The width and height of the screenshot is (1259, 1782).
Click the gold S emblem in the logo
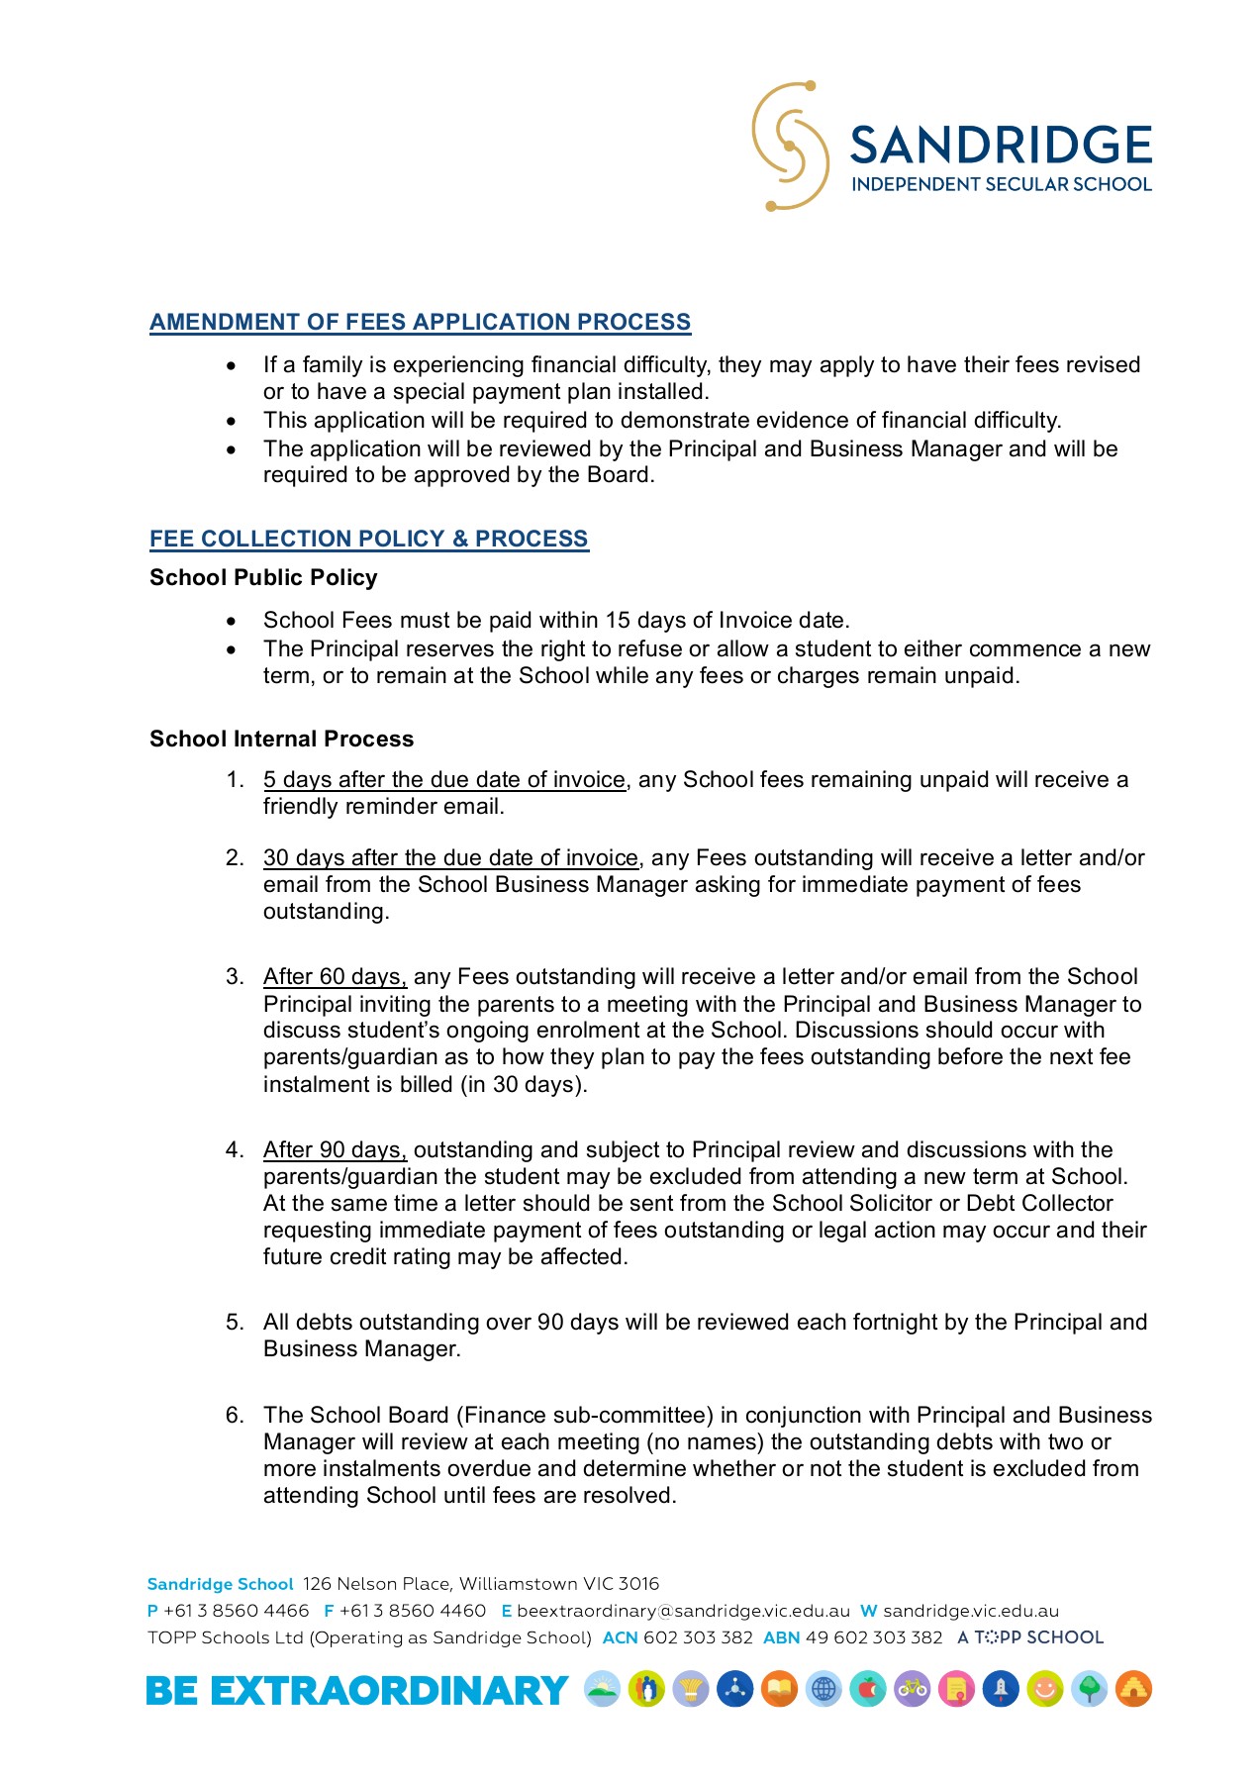[x=790, y=147]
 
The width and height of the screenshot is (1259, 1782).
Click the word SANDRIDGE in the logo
[x=1001, y=146]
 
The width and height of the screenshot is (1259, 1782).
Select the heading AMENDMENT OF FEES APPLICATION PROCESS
[x=420, y=322]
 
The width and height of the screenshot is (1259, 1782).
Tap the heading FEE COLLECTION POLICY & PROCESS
[x=368, y=539]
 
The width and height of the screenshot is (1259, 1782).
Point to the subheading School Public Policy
[x=263, y=577]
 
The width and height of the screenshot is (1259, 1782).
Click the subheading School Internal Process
[x=281, y=739]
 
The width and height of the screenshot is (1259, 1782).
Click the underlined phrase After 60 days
[x=335, y=977]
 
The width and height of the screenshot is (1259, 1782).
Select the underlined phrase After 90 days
[x=335, y=1149]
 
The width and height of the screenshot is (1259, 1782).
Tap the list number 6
[x=235, y=1415]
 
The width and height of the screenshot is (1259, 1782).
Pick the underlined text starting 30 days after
[x=450, y=857]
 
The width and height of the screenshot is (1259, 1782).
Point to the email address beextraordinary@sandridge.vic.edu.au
[x=683, y=1611]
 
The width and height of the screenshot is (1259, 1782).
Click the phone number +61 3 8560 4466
[x=236, y=1611]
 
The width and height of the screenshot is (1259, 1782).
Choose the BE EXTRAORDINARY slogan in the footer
[x=356, y=1690]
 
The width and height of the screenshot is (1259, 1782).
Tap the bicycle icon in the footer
[x=913, y=1689]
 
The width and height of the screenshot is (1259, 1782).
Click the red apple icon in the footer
[x=868, y=1689]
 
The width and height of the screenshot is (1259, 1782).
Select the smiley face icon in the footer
[x=1044, y=1689]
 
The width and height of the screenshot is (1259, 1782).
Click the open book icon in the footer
[x=779, y=1689]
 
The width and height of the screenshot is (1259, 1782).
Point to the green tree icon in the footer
[x=1089, y=1689]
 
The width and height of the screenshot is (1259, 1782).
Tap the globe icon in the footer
[x=823, y=1689]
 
